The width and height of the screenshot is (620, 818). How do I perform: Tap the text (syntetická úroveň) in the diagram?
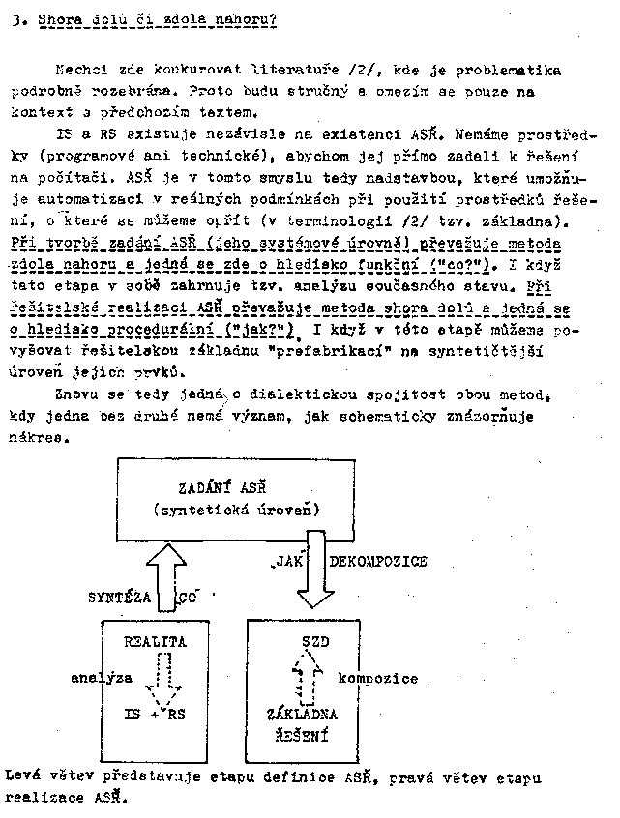click(x=237, y=509)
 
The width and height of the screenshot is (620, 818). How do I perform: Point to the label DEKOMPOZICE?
click(x=378, y=561)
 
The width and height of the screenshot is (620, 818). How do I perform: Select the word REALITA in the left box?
click(x=156, y=641)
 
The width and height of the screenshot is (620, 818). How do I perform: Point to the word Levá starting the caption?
click(x=23, y=776)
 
